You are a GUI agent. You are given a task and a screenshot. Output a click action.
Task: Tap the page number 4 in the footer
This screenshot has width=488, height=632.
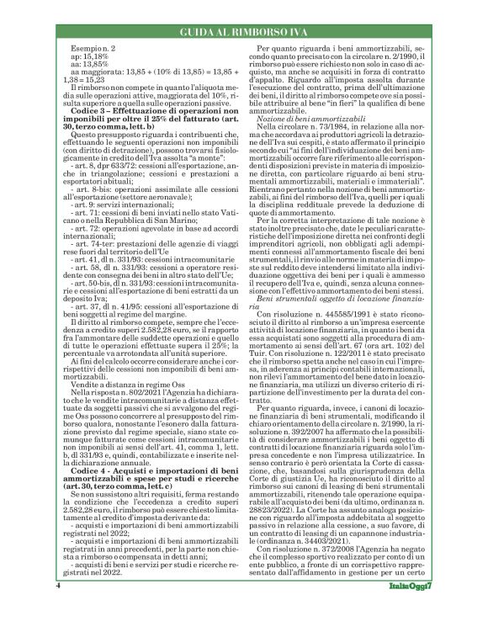[x=58, y=607]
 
